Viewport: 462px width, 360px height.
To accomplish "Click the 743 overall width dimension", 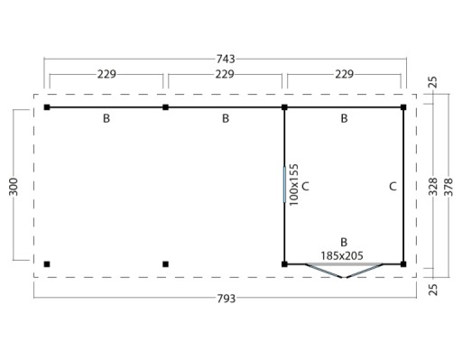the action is click(226, 59).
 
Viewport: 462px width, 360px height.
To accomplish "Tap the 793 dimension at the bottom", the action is click(226, 299).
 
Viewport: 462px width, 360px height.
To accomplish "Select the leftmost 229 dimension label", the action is click(106, 74).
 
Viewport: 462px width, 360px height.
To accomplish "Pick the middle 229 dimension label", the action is click(225, 74).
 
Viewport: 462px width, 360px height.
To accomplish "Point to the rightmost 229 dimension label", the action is click(345, 74).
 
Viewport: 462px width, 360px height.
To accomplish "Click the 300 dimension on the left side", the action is click(14, 187).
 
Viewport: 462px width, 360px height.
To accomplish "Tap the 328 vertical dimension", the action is click(433, 187).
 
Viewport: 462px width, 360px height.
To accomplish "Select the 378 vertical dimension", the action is click(448, 187).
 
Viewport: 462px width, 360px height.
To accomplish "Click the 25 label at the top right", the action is click(433, 82).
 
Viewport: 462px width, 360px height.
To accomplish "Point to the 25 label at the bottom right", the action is click(433, 290).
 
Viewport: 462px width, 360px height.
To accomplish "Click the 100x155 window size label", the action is click(293, 185).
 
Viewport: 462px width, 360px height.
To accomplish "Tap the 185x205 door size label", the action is click(342, 255).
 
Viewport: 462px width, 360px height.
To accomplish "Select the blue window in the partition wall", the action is click(284, 184).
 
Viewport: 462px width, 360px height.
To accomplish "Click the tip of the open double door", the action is click(344, 277).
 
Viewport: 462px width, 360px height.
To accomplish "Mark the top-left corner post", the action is click(47, 107).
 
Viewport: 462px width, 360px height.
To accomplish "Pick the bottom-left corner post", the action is click(47, 264).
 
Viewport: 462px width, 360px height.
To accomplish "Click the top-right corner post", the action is click(403, 107).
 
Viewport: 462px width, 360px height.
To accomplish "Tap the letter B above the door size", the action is click(344, 242).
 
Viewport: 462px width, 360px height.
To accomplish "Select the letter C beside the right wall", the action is click(393, 187).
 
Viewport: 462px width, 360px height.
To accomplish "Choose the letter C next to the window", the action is click(305, 187).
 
